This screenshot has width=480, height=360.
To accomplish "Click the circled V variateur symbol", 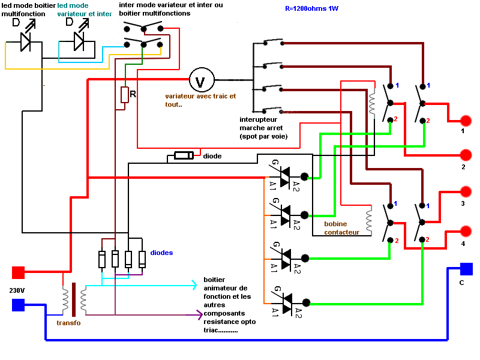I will point(201,80).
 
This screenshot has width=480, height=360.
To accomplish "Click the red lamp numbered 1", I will point(466,120).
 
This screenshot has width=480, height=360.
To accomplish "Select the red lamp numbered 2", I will point(466,155).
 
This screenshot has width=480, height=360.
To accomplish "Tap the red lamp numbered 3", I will point(466,192).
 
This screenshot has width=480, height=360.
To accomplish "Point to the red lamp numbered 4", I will point(466,231).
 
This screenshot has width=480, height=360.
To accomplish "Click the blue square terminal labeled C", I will point(466,269).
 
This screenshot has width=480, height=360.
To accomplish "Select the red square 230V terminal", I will point(19,273).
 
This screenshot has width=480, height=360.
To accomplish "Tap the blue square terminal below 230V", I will point(19,305).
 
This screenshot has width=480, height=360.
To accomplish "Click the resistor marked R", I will point(125,95).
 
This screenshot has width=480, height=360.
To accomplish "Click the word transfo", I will point(69,323).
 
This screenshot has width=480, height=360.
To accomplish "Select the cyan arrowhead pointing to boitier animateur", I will point(194,285).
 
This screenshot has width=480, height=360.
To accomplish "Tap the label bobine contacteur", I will point(341,228).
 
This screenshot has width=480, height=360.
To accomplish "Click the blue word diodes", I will point(162,253).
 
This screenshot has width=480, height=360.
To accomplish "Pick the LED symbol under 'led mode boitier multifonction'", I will point(25,40).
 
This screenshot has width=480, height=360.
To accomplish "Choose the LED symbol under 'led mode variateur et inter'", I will point(78,40).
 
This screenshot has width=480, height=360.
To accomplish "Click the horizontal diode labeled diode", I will point(183,156).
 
